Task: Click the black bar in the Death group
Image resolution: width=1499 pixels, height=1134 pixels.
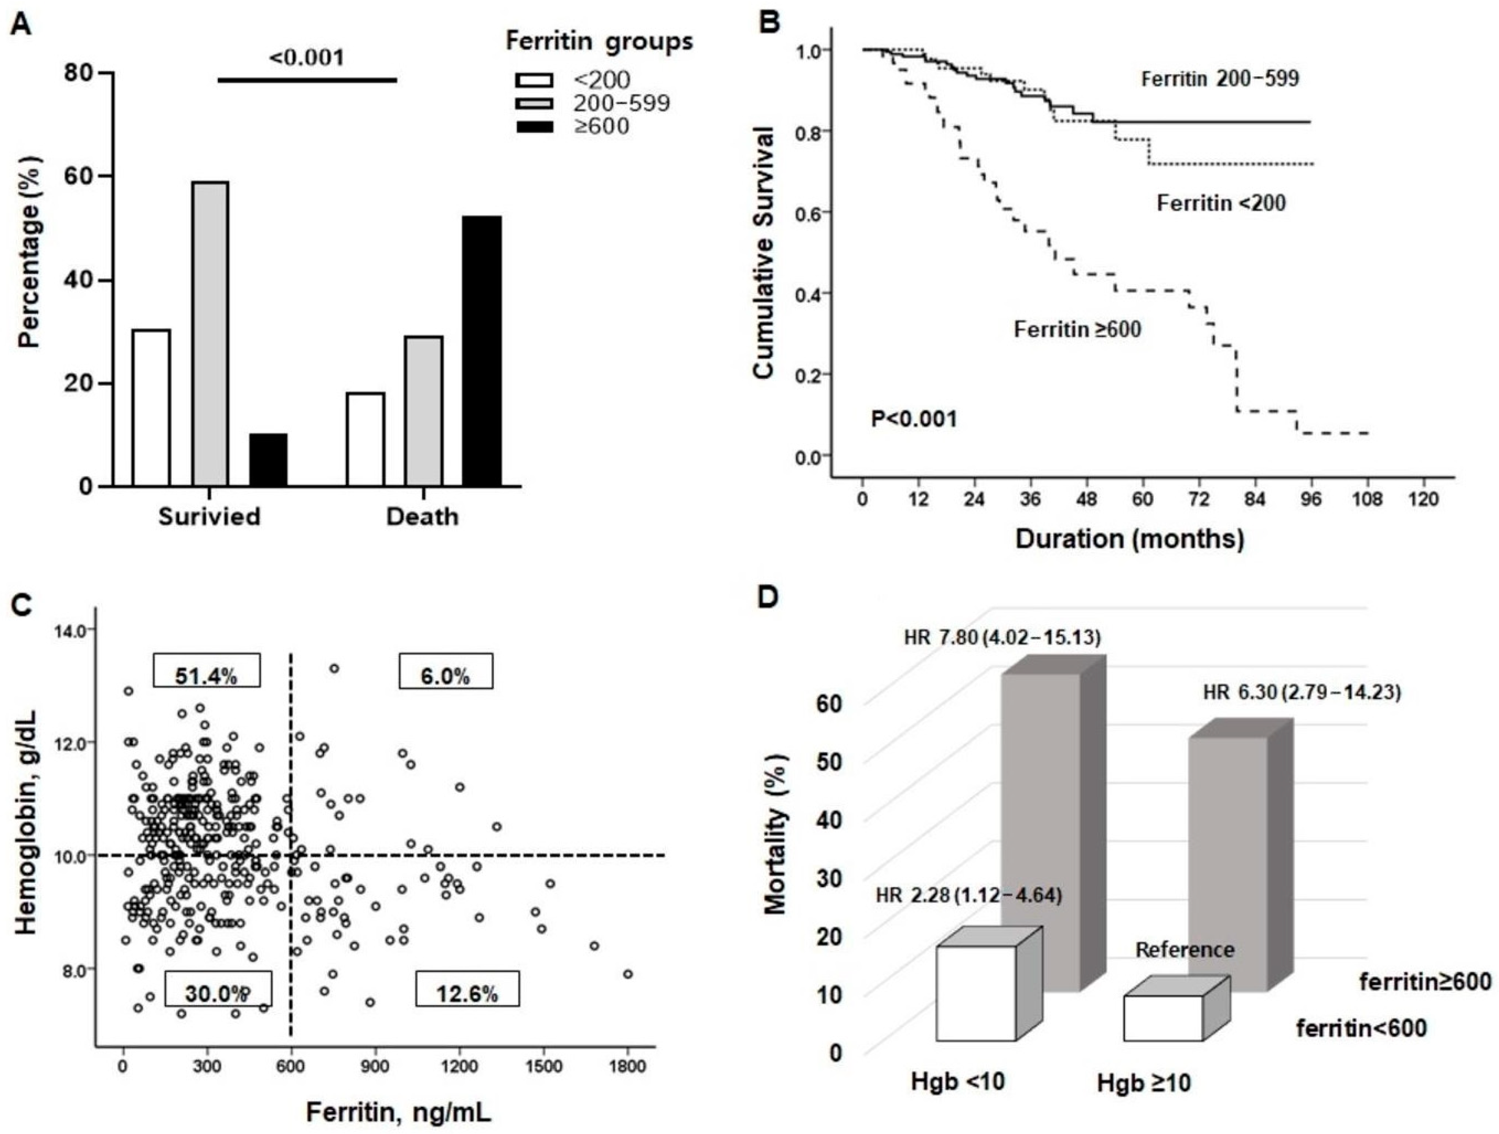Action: pos(482,351)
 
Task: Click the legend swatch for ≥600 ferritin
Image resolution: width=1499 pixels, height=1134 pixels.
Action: pos(535,126)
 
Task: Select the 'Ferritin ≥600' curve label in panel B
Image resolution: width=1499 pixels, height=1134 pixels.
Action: pos(1077,330)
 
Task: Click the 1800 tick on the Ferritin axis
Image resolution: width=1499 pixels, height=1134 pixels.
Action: pos(627,1067)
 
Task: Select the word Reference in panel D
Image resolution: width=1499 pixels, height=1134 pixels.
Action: pos(1185,950)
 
